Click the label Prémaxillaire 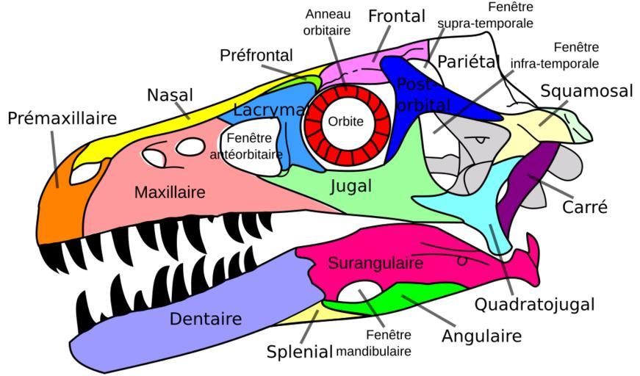[x=62, y=118]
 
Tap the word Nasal [x=170, y=95]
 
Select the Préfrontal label [x=256, y=55]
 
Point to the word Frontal [x=396, y=16]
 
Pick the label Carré [x=585, y=207]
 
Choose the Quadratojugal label [x=534, y=304]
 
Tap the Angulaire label [x=481, y=336]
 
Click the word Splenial [x=300, y=351]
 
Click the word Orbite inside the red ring [x=345, y=122]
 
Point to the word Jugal [x=350, y=187]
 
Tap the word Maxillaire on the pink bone [x=170, y=192]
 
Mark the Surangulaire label [x=375, y=263]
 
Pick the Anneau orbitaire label [x=327, y=22]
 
